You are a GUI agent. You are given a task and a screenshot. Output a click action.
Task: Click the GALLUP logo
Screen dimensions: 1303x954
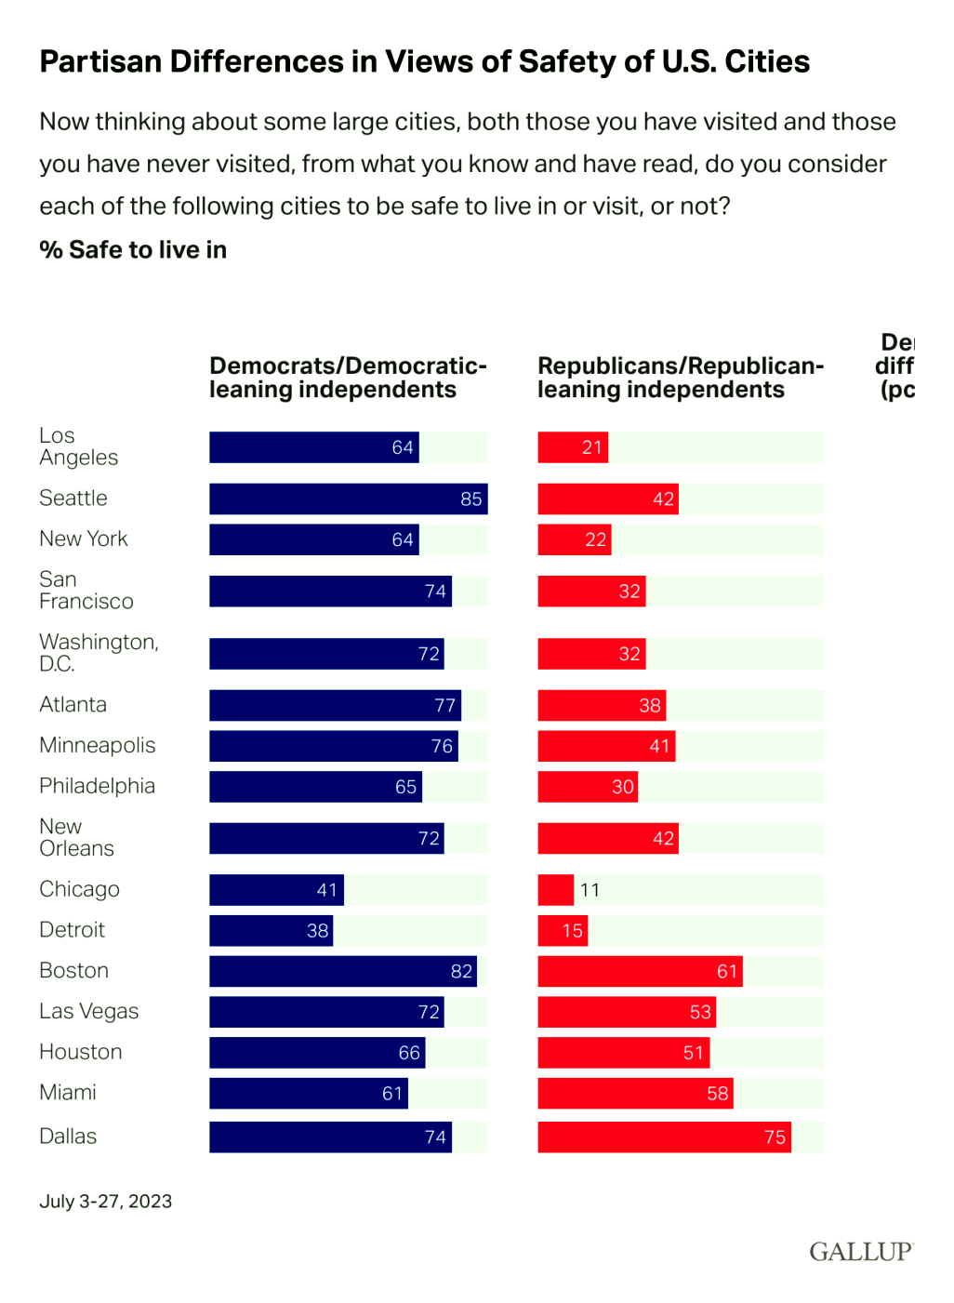pos(860,1251)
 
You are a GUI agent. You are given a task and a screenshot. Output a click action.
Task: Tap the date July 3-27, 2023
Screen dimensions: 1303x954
pos(105,1201)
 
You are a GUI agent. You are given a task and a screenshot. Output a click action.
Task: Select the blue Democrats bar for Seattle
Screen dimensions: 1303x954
pos(348,499)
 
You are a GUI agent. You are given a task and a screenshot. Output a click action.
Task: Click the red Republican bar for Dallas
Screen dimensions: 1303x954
pos(664,1137)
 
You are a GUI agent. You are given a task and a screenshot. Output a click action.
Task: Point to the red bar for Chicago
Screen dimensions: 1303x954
pos(555,890)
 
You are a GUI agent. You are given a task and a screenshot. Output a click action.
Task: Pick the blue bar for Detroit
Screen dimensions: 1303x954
pos(271,931)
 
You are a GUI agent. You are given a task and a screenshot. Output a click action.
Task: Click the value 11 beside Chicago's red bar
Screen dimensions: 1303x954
pos(590,890)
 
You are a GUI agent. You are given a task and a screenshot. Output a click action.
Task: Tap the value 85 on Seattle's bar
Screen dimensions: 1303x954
pos(471,499)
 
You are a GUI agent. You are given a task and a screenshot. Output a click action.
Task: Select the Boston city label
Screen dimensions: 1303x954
pos(74,971)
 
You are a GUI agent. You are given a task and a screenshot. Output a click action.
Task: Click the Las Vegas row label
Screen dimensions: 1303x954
pos(89,1011)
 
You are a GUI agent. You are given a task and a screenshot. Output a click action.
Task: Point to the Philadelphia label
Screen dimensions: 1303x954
pos(97,786)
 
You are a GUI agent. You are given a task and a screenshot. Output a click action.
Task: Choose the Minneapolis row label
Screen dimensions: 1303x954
pos(97,745)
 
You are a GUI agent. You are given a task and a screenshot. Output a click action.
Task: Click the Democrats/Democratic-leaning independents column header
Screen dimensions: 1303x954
pos(348,378)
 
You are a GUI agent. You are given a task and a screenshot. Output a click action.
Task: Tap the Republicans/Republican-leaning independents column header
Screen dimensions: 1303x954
pos(680,378)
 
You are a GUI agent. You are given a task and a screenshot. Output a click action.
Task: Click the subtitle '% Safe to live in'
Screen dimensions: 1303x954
pos(133,250)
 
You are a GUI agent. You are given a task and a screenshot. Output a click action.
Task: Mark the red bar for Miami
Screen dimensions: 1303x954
pos(635,1093)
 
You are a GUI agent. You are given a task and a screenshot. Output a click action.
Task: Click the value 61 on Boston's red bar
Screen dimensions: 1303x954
pos(727,971)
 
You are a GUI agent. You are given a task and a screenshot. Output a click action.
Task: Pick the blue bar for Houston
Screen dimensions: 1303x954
pos(316,1052)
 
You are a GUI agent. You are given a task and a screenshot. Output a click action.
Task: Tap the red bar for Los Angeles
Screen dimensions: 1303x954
pos(572,447)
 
